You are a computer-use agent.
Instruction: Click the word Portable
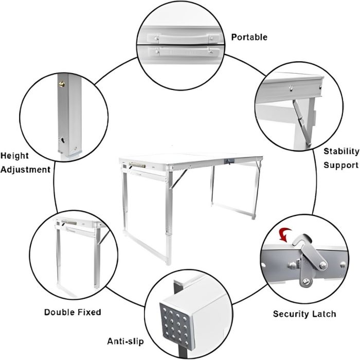(x=249, y=37)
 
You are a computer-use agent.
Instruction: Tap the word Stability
(x=341, y=152)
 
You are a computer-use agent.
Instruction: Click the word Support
(x=341, y=165)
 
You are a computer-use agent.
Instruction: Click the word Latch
(x=325, y=314)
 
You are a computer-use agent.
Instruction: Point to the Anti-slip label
(x=125, y=341)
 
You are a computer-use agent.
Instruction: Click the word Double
(x=59, y=312)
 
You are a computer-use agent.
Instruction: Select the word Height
(x=14, y=156)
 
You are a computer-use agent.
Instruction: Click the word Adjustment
(x=25, y=170)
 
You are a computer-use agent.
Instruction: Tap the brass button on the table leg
(x=62, y=84)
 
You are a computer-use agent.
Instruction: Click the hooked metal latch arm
(x=308, y=253)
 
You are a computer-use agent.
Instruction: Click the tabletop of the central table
(x=191, y=158)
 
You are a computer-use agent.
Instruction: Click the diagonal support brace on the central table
(x=178, y=179)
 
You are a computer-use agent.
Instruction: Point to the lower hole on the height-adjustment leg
(x=62, y=140)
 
